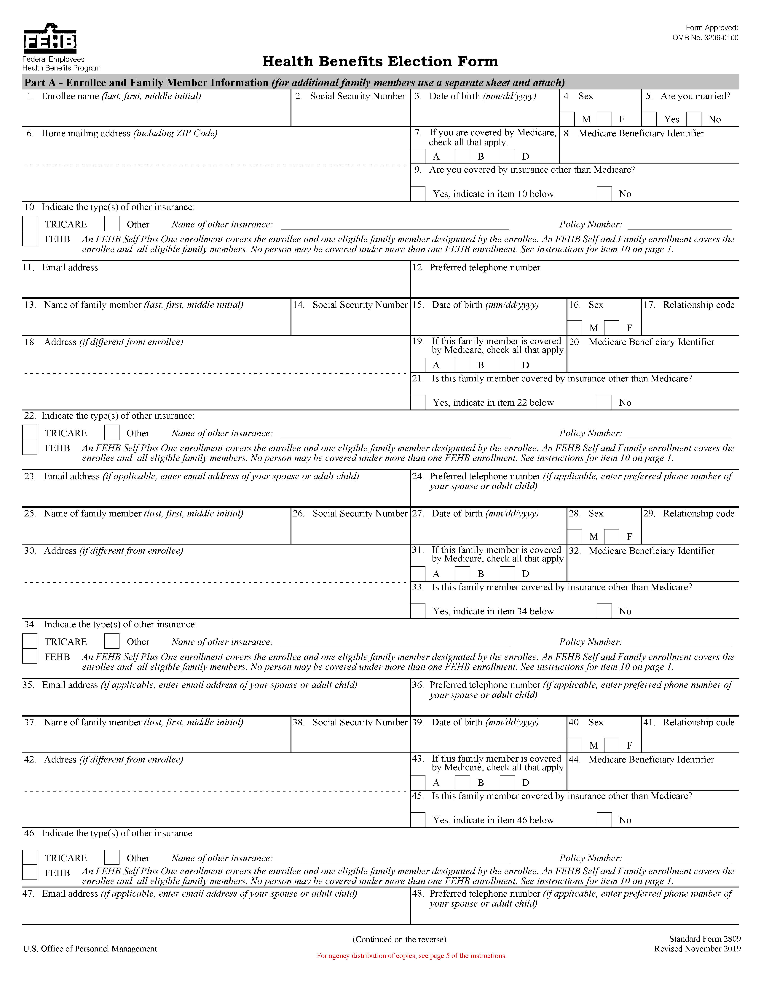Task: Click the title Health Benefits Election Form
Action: [x=380, y=61]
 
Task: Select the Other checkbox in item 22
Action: [x=112, y=433]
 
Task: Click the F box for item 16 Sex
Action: [x=612, y=328]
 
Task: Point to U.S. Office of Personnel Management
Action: [x=90, y=949]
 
